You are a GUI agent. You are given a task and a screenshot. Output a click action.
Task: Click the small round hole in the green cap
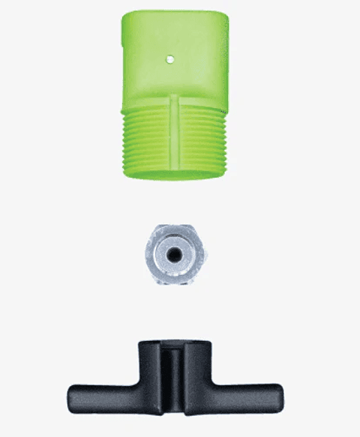coord(171,56)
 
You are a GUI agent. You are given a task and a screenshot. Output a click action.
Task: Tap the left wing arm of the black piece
coord(105,394)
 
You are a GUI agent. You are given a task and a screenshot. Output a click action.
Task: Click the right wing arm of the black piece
coord(244,394)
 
